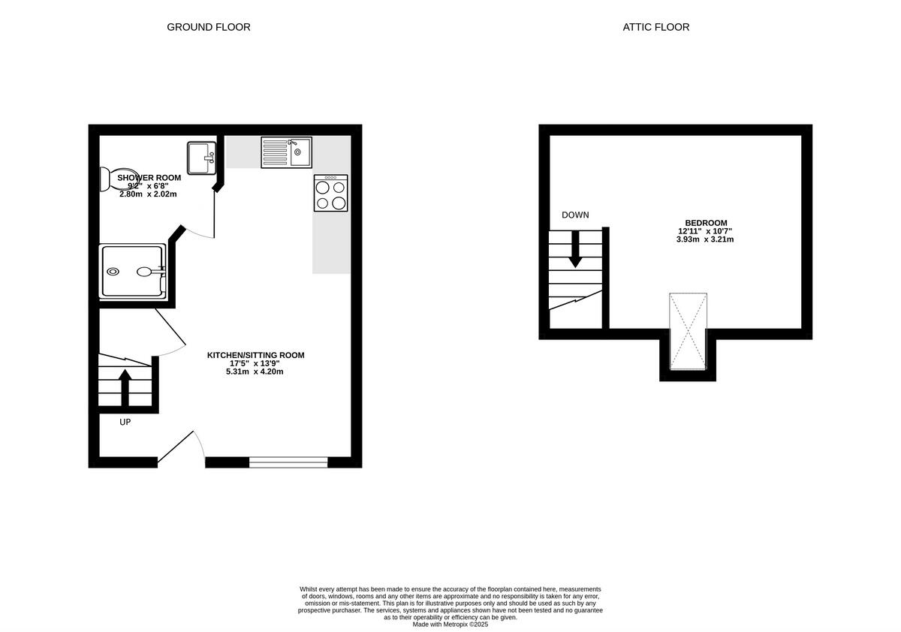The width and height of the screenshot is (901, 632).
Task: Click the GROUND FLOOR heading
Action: click(208, 27)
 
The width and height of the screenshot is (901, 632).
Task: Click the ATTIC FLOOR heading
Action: click(655, 27)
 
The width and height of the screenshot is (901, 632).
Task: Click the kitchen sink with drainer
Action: click(286, 152)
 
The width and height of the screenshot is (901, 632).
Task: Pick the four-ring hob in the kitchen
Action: click(331, 194)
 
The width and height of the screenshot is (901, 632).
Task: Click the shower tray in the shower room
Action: click(132, 271)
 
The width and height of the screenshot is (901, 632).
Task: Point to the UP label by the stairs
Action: click(125, 423)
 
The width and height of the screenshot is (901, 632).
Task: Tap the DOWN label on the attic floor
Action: click(575, 215)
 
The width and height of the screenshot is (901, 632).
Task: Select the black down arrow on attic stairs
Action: click(575, 250)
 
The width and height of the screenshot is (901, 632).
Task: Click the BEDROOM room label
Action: click(706, 223)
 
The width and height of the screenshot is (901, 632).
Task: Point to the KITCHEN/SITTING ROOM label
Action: click(256, 355)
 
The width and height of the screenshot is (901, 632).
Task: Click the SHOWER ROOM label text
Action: click(149, 178)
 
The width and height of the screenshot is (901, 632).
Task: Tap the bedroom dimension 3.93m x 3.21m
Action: click(705, 240)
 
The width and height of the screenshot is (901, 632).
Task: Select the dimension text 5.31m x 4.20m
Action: click(255, 372)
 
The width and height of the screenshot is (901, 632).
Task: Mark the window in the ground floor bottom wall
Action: click(288, 462)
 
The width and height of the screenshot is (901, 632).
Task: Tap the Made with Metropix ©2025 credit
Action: click(450, 624)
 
